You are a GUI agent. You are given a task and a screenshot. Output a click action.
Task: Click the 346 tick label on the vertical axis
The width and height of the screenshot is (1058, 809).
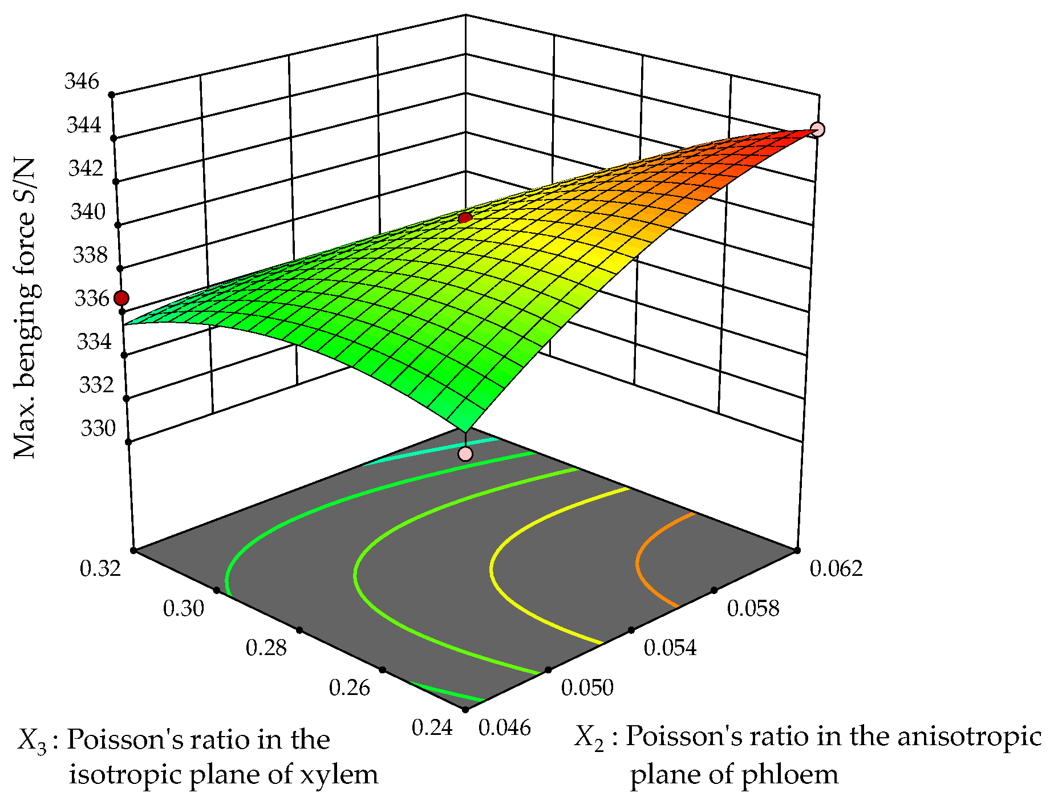point(82,82)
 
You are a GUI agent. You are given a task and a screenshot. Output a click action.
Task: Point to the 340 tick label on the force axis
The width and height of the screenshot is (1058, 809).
point(88,212)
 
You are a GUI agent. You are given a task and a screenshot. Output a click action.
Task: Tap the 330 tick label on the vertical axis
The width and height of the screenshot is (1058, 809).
point(98,428)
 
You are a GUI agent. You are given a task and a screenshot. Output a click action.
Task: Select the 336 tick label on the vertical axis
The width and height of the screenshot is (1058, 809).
point(92,298)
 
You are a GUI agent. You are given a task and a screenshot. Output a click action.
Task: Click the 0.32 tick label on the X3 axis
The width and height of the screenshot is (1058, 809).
point(100,568)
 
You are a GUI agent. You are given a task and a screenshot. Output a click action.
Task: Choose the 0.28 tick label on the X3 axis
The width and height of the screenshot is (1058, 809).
point(266,648)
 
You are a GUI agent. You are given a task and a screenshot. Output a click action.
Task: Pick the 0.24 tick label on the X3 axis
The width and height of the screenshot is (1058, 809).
point(432,728)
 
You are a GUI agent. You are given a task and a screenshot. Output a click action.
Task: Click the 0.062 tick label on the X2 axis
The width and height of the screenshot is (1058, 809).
point(836,568)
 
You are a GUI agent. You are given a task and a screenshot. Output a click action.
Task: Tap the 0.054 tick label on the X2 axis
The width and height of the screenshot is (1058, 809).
point(670,648)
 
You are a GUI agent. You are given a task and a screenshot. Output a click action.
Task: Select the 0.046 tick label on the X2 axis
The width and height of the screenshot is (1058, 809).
point(505,728)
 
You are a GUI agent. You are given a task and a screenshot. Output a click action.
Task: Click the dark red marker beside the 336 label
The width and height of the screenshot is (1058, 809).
point(121,298)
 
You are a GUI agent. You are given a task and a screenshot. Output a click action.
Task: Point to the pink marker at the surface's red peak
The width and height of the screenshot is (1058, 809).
point(817,130)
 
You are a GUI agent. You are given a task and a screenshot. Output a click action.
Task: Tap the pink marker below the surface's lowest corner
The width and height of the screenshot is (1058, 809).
point(465,454)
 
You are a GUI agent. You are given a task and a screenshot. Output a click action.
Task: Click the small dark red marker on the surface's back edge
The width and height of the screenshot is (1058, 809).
point(465,218)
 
